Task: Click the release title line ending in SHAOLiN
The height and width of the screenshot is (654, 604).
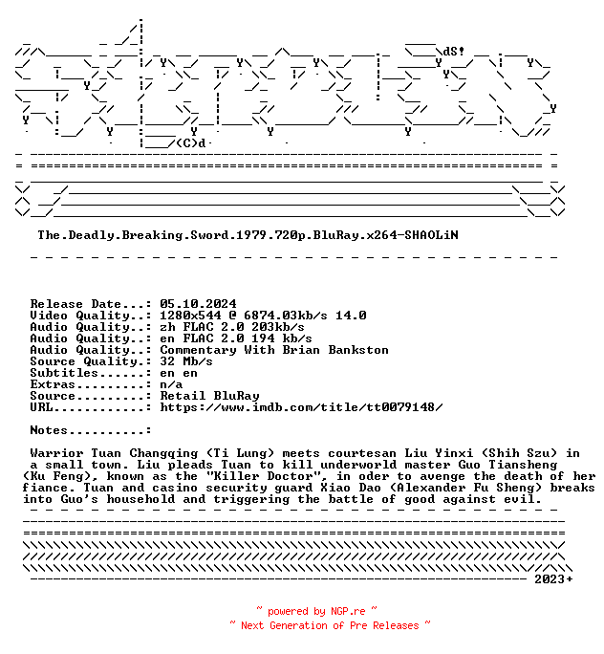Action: (248, 235)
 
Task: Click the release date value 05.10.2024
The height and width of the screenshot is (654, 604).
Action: (198, 304)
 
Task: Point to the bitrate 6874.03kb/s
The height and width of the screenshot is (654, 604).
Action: (286, 316)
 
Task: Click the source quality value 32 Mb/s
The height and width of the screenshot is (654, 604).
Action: (186, 361)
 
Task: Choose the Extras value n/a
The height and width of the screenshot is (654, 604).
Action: (171, 384)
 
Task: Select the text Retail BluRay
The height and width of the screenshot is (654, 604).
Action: (209, 396)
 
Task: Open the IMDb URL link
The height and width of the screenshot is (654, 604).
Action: (301, 407)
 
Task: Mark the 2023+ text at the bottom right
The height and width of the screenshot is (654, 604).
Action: (553, 578)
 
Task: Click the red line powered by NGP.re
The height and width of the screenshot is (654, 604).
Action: (316, 611)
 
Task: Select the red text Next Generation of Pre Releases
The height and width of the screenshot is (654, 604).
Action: (330, 625)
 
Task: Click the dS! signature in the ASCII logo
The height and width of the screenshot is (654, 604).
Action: (454, 52)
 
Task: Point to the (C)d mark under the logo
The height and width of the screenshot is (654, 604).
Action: (191, 143)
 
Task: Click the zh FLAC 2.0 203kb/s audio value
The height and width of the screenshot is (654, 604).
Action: (232, 327)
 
